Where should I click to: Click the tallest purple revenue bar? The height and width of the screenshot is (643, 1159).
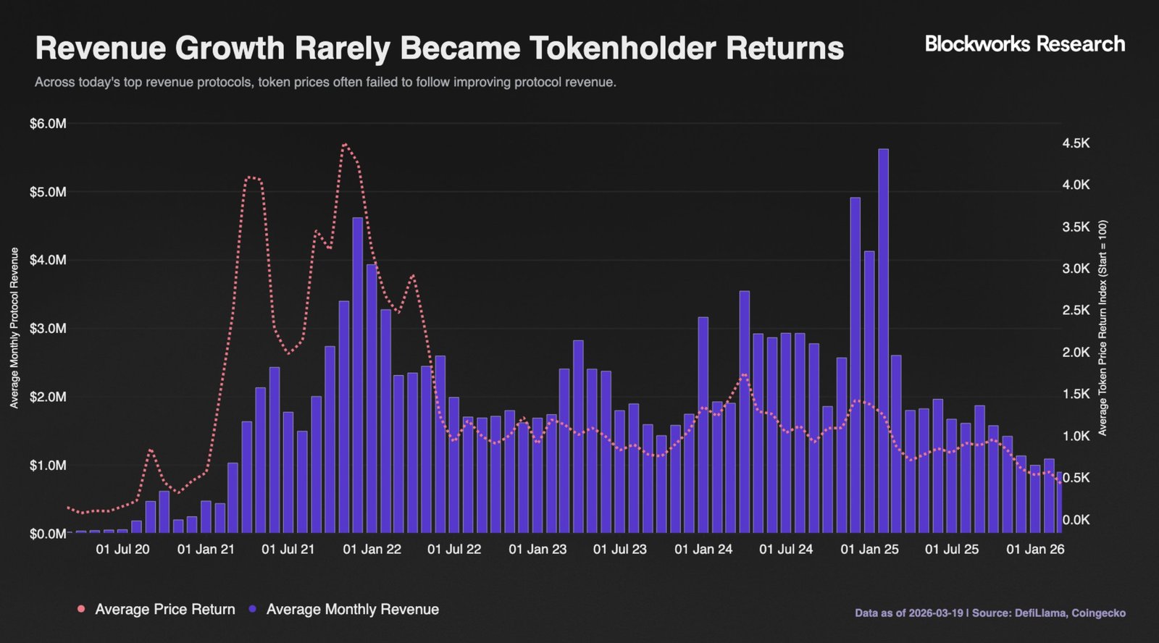(x=883, y=340)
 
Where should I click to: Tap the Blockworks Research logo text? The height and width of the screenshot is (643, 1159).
(x=1025, y=44)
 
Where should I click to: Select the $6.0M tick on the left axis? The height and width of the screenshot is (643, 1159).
(x=48, y=124)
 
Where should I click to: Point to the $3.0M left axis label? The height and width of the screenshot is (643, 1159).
(x=48, y=329)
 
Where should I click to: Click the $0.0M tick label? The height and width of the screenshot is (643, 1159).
(x=48, y=534)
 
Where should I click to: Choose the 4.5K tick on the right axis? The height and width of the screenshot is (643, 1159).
(x=1076, y=143)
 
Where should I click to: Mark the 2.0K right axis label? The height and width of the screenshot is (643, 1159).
(x=1076, y=353)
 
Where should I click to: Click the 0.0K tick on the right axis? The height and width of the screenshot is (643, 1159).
(x=1076, y=520)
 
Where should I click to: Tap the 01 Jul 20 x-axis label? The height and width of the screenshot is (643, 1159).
(x=122, y=550)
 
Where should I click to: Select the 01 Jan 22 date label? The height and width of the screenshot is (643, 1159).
(x=372, y=550)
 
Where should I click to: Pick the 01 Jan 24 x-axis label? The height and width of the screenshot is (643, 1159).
(x=703, y=550)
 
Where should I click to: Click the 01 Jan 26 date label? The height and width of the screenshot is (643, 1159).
(x=1035, y=550)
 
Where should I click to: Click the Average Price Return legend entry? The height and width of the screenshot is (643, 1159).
(x=164, y=610)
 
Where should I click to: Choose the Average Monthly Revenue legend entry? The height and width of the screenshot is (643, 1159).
(x=352, y=610)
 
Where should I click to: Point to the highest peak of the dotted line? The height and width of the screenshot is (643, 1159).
(x=345, y=144)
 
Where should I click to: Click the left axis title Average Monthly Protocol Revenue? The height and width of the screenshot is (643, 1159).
(x=14, y=328)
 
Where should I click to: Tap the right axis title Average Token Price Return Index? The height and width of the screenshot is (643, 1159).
(x=1102, y=328)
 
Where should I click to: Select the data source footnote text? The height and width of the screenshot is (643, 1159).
(x=989, y=613)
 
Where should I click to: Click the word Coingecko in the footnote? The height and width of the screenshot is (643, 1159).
(x=1099, y=613)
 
